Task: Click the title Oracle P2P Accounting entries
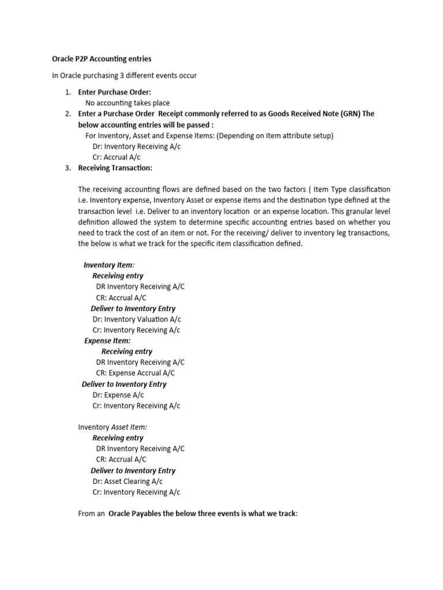point(99,59)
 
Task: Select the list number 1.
point(67,92)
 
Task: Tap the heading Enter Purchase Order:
point(114,92)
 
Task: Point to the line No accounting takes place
point(127,103)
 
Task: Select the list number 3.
point(67,168)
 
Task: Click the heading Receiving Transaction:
point(115,168)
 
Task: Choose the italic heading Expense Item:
point(107,341)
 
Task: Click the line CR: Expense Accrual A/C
point(136,373)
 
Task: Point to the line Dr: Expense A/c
point(118,395)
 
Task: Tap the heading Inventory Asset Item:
point(112,427)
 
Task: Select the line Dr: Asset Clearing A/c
point(127,481)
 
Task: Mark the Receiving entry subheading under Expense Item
point(127,351)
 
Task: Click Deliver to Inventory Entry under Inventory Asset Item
point(133,470)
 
